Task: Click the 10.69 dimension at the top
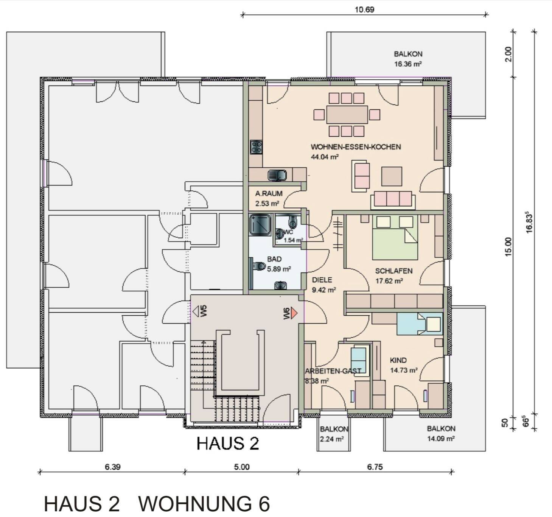364,9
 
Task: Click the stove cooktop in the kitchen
256,147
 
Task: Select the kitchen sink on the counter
277,175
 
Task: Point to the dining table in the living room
347,114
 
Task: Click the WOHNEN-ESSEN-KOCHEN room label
356,147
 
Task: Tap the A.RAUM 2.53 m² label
268,198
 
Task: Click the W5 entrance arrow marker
196,311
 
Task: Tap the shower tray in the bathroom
260,225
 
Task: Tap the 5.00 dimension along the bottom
241,467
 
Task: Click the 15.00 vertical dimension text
508,247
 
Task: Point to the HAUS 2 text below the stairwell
228,444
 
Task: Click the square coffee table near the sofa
392,176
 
